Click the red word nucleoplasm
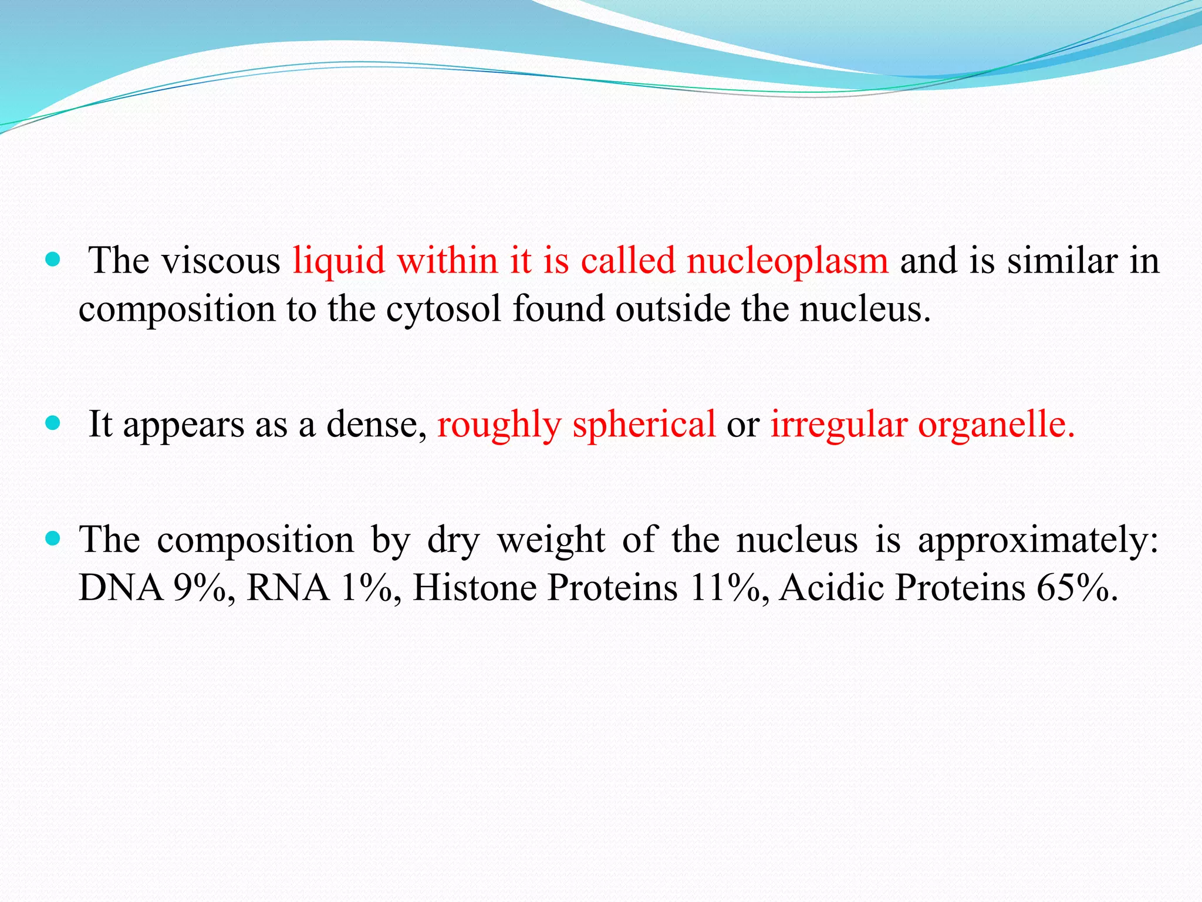787,261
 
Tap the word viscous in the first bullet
221,261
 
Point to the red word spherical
644,424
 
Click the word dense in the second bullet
376,424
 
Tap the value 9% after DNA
200,588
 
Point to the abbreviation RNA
288,588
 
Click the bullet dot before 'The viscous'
53,260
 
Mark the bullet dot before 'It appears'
53,423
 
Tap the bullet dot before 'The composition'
53,538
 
